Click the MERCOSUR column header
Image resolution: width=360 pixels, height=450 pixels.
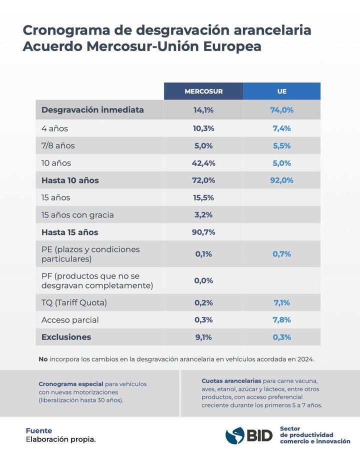pyautogui.click(x=203, y=91)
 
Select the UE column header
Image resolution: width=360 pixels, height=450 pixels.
pyautogui.click(x=282, y=91)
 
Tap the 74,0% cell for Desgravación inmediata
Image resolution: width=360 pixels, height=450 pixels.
pyautogui.click(x=282, y=110)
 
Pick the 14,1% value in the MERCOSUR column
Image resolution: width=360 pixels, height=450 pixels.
pyautogui.click(x=203, y=110)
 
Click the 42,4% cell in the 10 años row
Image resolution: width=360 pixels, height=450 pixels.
pyautogui.click(x=203, y=163)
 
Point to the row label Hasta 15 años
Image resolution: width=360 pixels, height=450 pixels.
pyautogui.click(x=69, y=232)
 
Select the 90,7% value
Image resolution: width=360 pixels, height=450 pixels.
pyautogui.click(x=203, y=232)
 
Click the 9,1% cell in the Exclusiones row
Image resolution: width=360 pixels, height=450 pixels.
pyautogui.click(x=203, y=337)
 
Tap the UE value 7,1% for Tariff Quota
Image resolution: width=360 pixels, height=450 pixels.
pyautogui.click(x=282, y=302)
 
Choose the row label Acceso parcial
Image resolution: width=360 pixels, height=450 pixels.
pyautogui.click(x=70, y=320)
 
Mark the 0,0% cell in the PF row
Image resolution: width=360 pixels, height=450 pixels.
pyautogui.click(x=203, y=280)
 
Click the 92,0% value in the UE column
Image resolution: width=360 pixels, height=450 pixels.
pyautogui.click(x=282, y=180)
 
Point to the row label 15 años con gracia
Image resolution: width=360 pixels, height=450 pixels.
pyautogui.click(x=77, y=215)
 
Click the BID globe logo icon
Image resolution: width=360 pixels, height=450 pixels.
pyautogui.click(x=234, y=435)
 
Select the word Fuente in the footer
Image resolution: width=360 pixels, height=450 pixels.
pyautogui.click(x=39, y=430)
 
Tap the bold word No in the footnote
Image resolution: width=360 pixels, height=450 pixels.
pyautogui.click(x=43, y=359)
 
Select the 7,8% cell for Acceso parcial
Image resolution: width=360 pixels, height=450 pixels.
pyautogui.click(x=282, y=320)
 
